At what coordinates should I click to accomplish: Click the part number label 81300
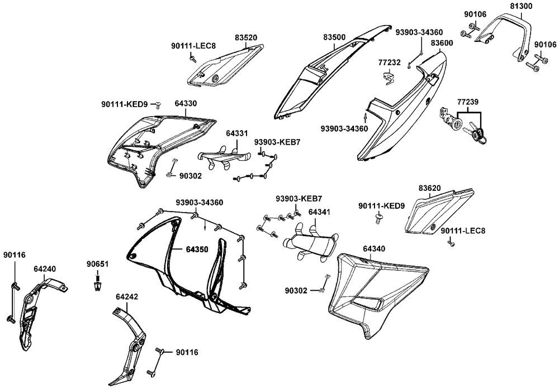click(x=521, y=6)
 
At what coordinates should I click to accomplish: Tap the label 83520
click(x=246, y=37)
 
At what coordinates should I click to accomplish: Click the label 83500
click(x=334, y=37)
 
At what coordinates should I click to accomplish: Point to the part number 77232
click(x=389, y=63)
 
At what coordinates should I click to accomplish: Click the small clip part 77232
click(x=388, y=76)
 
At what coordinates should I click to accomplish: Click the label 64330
click(x=186, y=104)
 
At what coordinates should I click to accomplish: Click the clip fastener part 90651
click(x=98, y=286)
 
